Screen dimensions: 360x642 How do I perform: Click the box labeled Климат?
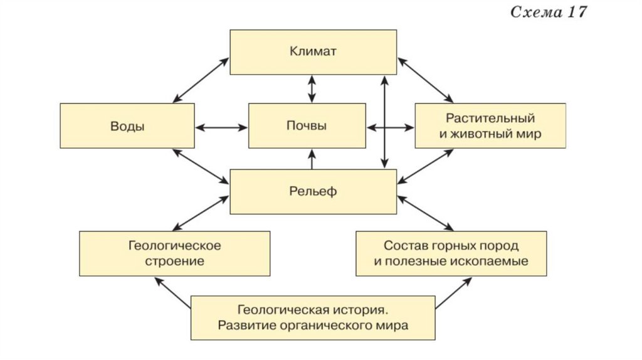click(313, 51)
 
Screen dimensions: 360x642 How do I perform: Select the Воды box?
click(127, 126)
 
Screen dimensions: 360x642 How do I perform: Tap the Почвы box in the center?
click(307, 126)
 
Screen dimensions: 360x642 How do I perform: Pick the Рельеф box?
click(313, 191)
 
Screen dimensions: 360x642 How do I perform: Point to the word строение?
click(175, 261)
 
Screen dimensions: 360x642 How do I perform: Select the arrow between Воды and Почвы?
click(222, 127)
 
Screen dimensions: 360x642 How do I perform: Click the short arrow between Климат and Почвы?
click(312, 88)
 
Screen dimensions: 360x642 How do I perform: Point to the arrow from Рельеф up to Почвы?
click(312, 159)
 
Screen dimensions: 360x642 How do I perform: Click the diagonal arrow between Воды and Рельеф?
click(201, 166)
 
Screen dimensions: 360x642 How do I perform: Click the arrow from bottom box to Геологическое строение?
click(172, 292)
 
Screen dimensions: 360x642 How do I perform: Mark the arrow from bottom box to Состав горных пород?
click(453, 293)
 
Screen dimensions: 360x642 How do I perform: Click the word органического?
click(337, 326)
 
